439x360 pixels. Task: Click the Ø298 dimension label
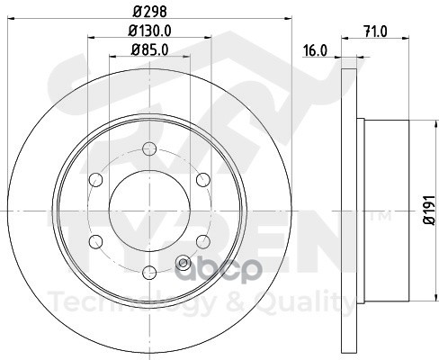point(149,12)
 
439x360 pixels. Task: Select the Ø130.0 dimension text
point(149,31)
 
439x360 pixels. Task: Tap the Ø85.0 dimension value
point(149,49)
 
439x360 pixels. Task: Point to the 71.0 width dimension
point(375,31)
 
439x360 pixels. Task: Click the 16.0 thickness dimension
point(315,50)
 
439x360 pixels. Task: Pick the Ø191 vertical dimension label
point(429,210)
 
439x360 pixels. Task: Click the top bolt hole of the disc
point(149,148)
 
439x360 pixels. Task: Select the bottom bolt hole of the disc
point(149,273)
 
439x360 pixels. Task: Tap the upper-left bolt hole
point(96,180)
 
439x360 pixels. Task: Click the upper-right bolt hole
point(203,180)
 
